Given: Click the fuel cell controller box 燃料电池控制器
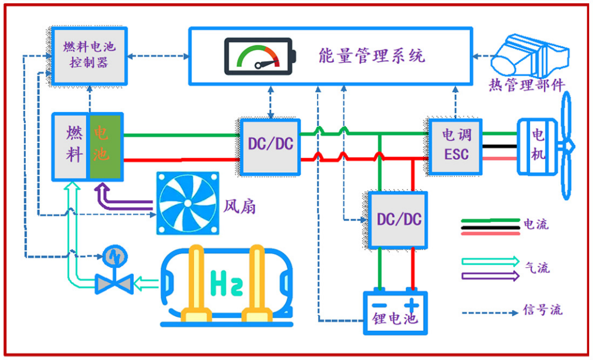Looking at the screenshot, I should [88, 55].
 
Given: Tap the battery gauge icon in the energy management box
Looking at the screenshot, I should [259, 56].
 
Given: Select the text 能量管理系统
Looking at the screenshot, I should [372, 56].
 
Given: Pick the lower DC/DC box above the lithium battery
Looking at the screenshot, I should [399, 220].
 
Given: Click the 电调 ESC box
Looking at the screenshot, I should [455, 145].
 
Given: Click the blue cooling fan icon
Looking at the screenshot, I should [187, 203].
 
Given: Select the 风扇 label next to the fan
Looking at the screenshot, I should [240, 206].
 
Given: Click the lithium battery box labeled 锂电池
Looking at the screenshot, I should [395, 312].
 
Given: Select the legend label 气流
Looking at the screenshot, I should [537, 267].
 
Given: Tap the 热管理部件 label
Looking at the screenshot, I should [526, 85].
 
